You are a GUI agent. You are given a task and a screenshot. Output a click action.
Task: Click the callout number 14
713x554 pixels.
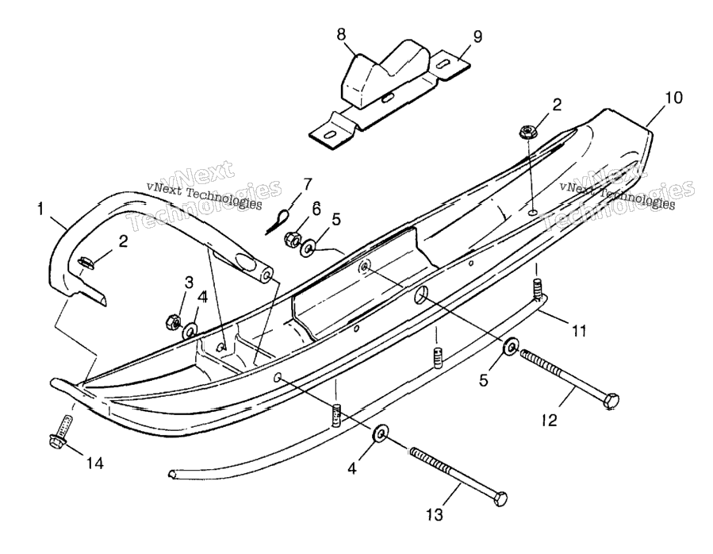tap(95, 464)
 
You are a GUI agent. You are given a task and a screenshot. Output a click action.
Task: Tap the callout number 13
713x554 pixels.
tap(435, 515)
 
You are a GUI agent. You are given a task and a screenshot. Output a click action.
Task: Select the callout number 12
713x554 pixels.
tap(550, 421)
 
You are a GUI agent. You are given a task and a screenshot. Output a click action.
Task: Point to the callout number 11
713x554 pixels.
tap(579, 331)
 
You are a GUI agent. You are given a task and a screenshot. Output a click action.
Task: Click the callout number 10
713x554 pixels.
tap(674, 98)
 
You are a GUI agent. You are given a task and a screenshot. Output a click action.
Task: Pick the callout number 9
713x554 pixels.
tap(477, 37)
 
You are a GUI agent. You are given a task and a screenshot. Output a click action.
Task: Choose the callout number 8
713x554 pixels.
tap(342, 34)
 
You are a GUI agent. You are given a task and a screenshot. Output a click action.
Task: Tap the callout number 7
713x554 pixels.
tap(308, 184)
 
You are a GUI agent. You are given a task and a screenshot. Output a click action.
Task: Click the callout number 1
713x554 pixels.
tap(41, 209)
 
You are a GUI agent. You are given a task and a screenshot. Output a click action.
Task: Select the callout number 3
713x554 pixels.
tap(189, 283)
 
